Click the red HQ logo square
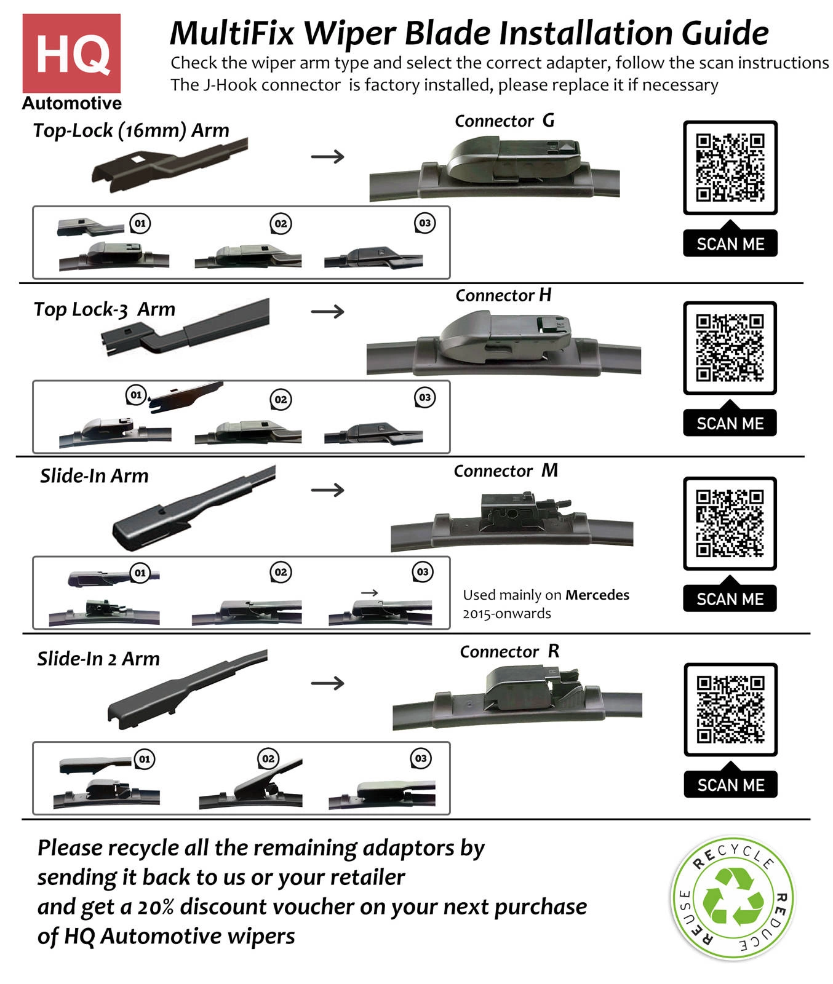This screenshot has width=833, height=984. (71, 54)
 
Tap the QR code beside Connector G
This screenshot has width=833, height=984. (730, 167)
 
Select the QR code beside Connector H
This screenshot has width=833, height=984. (730, 347)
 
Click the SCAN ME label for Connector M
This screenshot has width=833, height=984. (730, 599)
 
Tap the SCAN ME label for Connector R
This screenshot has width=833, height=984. (730, 785)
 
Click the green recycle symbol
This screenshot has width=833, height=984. (733, 897)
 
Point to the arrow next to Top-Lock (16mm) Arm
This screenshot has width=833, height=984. (327, 157)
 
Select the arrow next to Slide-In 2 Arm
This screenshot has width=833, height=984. (327, 683)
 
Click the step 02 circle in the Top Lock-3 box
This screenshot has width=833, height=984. (281, 399)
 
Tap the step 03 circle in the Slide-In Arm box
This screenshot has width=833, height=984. (423, 572)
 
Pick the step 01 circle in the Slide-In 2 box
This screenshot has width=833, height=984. (144, 759)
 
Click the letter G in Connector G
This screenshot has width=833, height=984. (548, 120)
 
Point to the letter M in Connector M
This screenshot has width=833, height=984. (549, 470)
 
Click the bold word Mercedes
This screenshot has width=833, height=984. (597, 595)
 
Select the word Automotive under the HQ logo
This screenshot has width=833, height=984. (72, 103)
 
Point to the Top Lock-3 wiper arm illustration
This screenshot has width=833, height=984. (185, 326)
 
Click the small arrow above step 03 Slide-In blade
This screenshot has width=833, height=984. (370, 593)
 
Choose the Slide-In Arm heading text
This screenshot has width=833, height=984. (94, 475)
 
